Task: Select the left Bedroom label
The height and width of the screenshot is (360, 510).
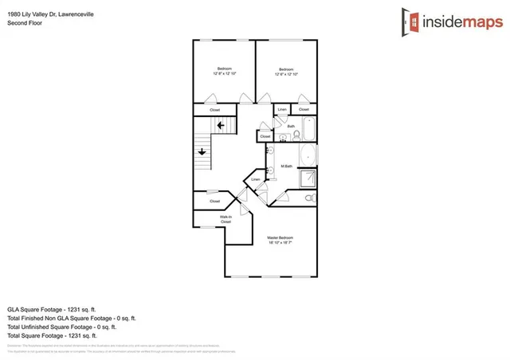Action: (224, 68)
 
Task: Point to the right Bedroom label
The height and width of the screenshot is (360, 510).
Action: (286, 68)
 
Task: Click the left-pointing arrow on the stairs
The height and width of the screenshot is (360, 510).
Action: (219, 124)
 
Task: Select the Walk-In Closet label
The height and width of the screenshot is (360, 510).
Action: (226, 218)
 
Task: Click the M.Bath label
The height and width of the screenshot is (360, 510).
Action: (287, 166)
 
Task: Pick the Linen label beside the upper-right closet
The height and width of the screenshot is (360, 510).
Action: (282, 109)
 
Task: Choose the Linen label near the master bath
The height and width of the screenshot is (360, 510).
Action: (256, 180)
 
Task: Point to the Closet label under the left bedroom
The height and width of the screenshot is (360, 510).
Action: (214, 109)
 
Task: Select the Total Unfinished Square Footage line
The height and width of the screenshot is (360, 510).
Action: (61, 326)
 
